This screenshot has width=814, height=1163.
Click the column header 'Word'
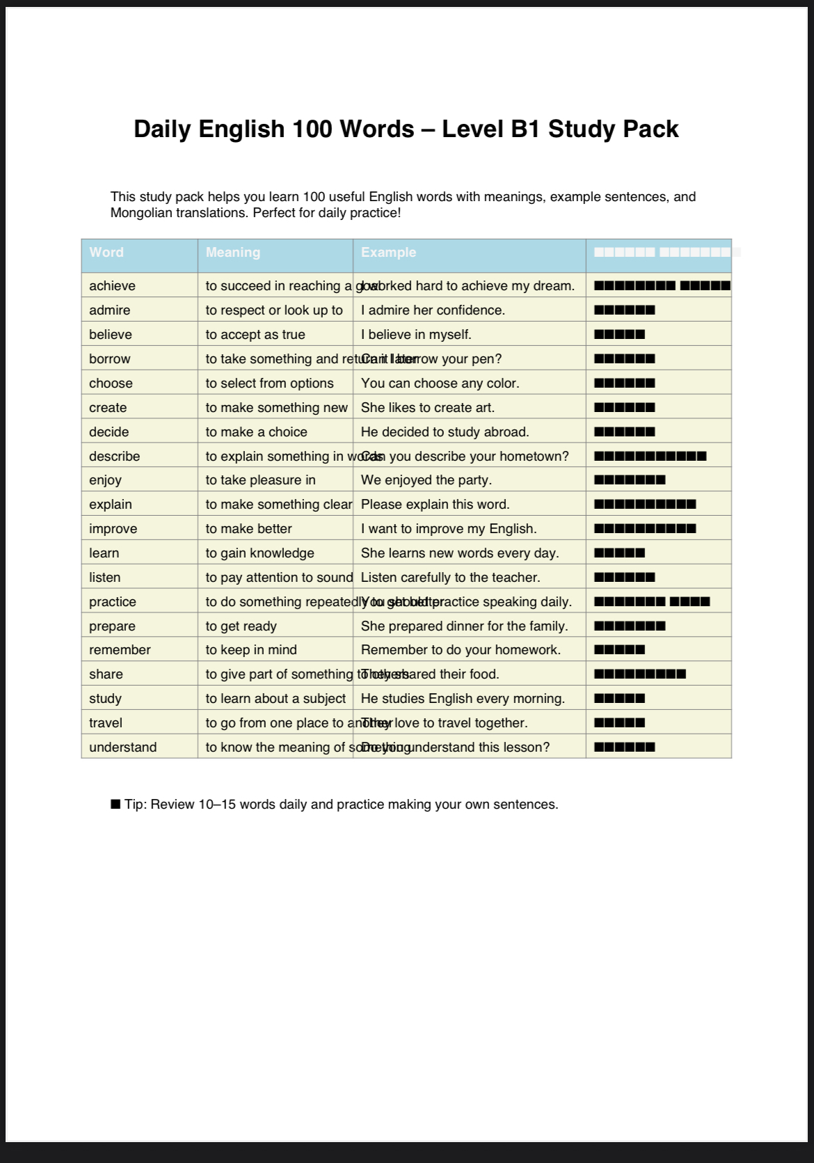pos(106,253)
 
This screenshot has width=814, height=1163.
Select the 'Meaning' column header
pos(233,253)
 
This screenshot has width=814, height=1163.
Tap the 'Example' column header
pos(388,253)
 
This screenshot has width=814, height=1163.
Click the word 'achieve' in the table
pos(112,286)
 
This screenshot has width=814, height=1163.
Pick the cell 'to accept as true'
pos(255,335)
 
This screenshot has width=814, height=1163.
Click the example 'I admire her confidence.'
pos(433,310)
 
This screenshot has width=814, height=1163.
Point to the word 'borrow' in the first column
pos(110,359)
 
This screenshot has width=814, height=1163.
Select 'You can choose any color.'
pos(440,383)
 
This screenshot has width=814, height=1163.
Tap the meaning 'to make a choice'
pos(256,432)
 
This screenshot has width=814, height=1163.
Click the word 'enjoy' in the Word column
pos(105,480)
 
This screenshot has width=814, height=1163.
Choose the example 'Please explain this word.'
pos(435,505)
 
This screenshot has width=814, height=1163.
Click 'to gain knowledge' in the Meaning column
pos(260,553)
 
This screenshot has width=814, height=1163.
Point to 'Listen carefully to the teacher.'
pos(450,578)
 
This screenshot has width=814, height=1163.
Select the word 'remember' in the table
pos(120,650)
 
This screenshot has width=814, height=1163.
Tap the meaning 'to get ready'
pos(241,626)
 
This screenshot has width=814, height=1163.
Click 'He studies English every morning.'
pos(463,699)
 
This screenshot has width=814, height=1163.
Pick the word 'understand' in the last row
pos(122,747)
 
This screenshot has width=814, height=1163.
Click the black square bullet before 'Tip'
pos(115,805)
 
